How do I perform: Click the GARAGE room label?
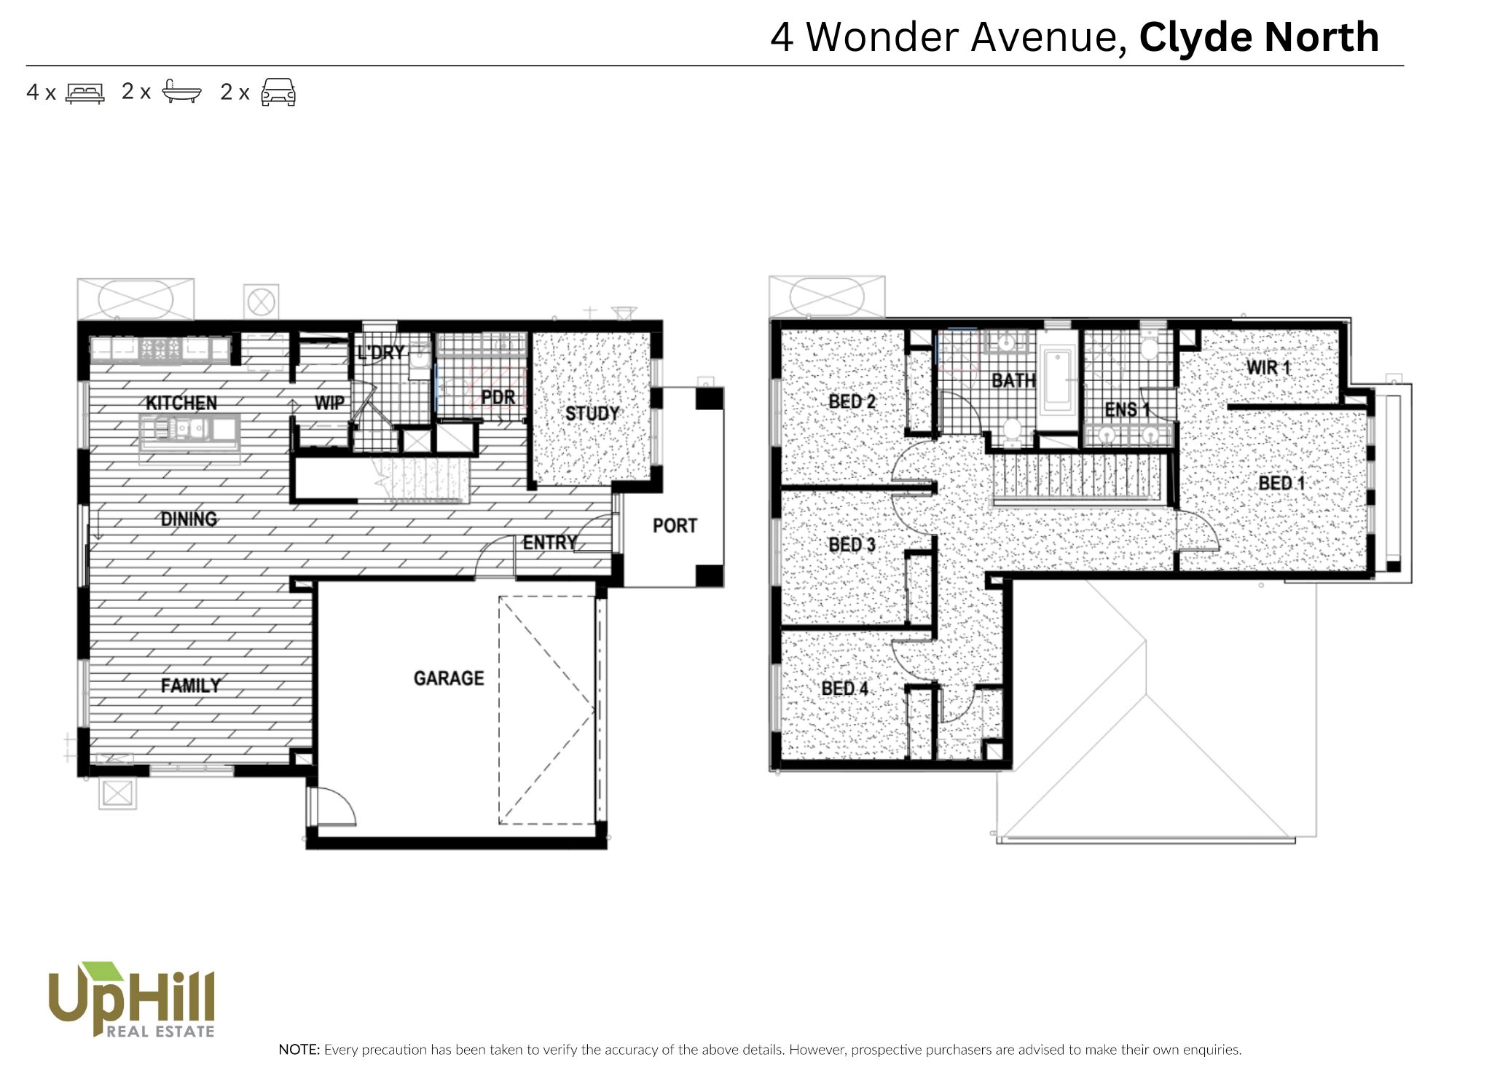click(449, 678)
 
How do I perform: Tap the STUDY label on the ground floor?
click(592, 414)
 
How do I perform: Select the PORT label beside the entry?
click(675, 525)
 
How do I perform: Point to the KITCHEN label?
click(181, 403)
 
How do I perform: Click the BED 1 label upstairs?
click(1281, 483)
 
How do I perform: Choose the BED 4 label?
click(844, 688)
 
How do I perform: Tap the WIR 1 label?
click(1268, 367)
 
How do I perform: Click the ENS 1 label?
click(1127, 410)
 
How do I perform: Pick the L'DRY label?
click(380, 353)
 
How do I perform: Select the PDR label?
click(498, 397)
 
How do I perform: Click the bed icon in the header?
click(85, 93)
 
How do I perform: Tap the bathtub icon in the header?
click(181, 92)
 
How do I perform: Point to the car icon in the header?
click(278, 93)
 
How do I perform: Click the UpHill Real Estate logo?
click(131, 999)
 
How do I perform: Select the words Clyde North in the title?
click(1259, 37)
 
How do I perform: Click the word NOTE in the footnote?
click(299, 1050)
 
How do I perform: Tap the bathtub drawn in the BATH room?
click(1057, 382)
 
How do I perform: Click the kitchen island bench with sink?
click(189, 431)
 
